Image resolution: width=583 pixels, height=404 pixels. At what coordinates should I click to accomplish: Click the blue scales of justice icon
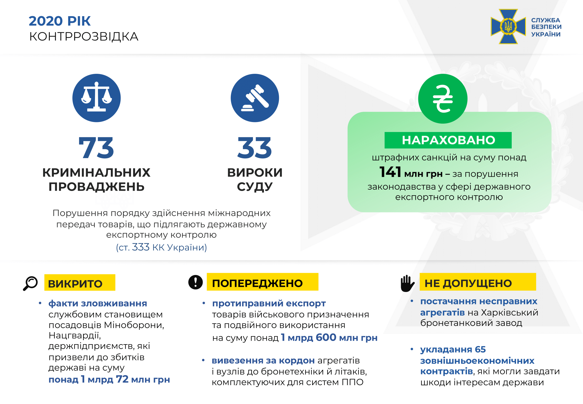point(96,98)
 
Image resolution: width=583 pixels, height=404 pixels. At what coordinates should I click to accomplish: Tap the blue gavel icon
point(255,98)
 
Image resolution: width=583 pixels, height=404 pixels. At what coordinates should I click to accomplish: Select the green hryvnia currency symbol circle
point(443,99)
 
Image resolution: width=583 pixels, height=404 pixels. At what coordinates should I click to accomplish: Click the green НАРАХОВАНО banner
point(448,140)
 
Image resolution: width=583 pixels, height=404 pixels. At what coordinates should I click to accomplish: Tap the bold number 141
point(390,172)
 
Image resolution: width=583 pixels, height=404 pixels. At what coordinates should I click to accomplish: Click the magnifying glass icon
point(30,283)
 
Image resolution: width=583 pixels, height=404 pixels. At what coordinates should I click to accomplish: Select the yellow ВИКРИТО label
point(80,283)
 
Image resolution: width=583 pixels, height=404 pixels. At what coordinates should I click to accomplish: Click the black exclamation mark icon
point(196,282)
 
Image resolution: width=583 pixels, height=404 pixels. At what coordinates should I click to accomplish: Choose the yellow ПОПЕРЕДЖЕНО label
point(262,282)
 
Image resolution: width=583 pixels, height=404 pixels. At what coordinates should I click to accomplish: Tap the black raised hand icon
point(407,283)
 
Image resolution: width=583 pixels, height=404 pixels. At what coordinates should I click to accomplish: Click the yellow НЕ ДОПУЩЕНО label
point(478,282)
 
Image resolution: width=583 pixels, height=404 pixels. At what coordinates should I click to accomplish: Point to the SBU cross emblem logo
point(508,27)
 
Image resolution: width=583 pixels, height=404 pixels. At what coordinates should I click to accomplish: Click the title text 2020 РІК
point(60,21)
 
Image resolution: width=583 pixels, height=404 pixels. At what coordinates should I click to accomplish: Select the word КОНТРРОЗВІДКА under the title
point(84,37)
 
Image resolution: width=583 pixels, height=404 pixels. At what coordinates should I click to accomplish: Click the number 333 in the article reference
point(141,247)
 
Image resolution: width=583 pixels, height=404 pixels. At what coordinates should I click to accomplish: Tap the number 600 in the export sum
point(326,337)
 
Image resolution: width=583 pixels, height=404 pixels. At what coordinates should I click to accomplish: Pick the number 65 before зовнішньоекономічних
point(480,349)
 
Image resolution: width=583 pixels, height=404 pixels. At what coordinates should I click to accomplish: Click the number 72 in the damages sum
point(122,379)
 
